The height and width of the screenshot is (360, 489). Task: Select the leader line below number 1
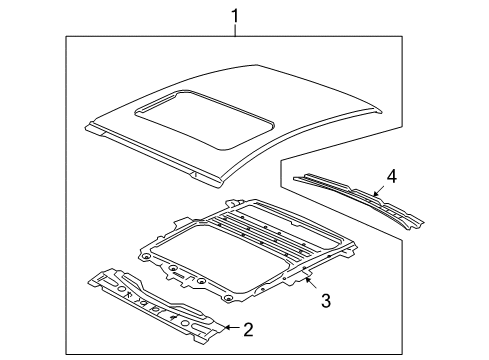(x=235, y=30)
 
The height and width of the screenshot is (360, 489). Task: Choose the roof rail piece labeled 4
(x=350, y=196)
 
